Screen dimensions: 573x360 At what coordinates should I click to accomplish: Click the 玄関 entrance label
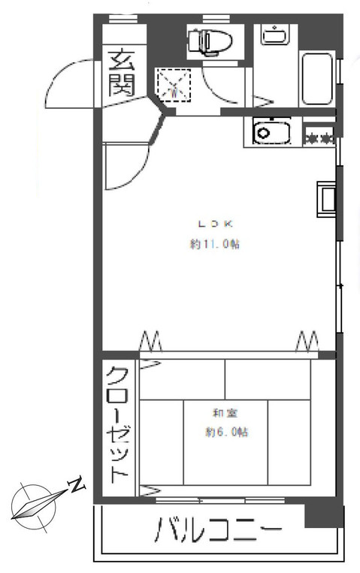point(119,72)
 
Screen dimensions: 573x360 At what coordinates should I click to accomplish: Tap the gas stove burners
point(318,137)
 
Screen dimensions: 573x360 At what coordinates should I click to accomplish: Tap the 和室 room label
point(221,412)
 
